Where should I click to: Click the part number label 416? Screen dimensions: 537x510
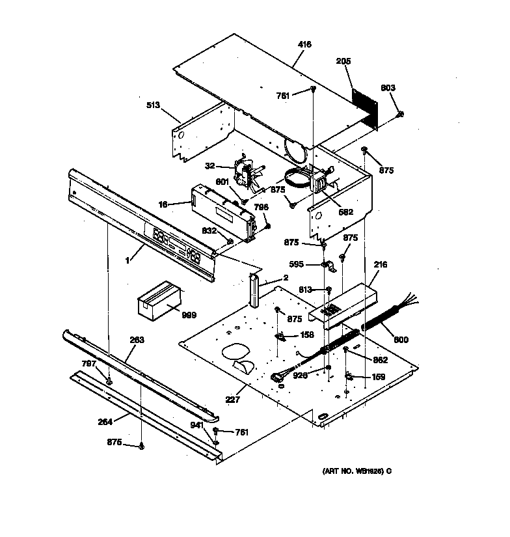pos(304,44)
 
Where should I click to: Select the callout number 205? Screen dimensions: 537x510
pos(343,62)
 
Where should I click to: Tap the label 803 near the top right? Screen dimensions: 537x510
pos(388,88)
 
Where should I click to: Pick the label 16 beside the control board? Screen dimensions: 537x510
pos(163,204)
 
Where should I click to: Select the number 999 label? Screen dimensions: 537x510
pos(189,315)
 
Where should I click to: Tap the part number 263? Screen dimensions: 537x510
pos(137,340)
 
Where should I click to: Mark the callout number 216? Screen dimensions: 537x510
pos(381,265)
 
